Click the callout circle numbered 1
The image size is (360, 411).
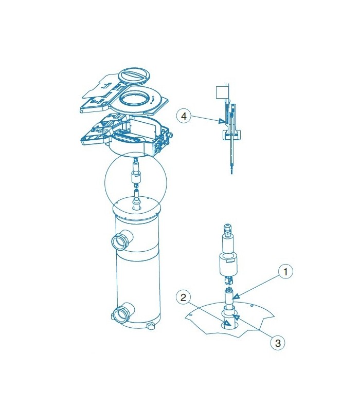pyautogui.click(x=285, y=272)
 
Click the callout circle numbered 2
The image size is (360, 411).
pyautogui.click(x=183, y=297)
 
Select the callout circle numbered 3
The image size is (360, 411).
pyautogui.click(x=277, y=343)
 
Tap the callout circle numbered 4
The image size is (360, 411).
pyautogui.click(x=184, y=116)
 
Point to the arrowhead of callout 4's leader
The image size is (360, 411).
pyautogui.click(x=222, y=121)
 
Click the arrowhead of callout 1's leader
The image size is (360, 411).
pyautogui.click(x=237, y=296)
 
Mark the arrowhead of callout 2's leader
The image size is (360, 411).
pyautogui.click(x=227, y=323)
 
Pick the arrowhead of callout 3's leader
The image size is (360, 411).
pyautogui.click(x=237, y=317)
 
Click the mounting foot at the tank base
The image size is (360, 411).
pyautogui.click(x=151, y=326)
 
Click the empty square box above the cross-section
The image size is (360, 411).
pyautogui.click(x=221, y=92)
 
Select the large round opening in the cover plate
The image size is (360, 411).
pyautogui.click(x=134, y=99)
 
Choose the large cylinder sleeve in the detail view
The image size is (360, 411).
pyautogui.click(x=228, y=265)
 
